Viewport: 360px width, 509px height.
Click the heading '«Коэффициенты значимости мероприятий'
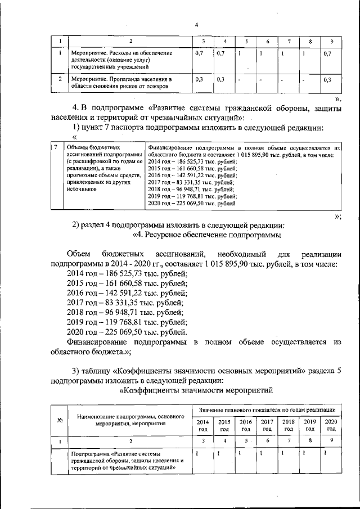[x=197, y=389]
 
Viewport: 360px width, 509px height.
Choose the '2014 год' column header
[x=202, y=425]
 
